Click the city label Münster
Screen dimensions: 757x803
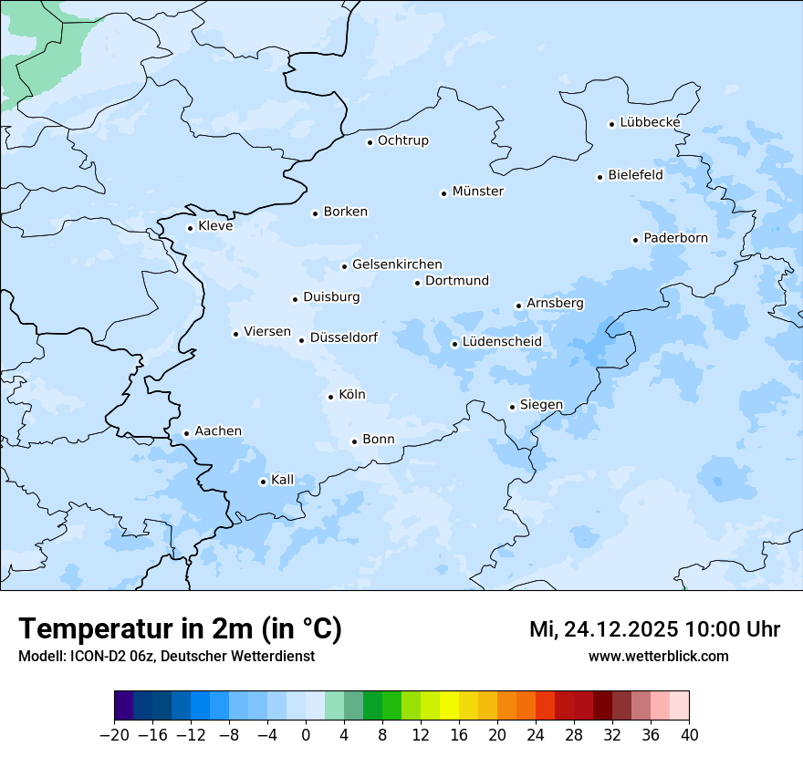point(478,192)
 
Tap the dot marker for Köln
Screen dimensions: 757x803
point(330,397)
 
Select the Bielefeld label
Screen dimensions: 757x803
point(636,175)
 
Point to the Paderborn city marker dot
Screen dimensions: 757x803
point(635,240)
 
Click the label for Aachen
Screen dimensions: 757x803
point(218,431)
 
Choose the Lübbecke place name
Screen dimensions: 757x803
point(650,122)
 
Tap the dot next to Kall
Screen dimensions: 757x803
point(263,482)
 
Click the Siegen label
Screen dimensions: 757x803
point(541,405)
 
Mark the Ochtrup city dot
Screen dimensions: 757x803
point(370,142)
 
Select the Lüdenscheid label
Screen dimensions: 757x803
point(502,342)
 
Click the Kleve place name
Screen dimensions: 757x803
point(215,226)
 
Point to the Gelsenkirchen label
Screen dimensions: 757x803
point(397,264)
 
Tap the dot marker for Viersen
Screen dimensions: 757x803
point(235,334)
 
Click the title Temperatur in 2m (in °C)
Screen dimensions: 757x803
point(181,629)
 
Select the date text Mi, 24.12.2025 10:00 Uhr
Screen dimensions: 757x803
point(654,629)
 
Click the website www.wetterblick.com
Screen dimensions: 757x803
point(658,656)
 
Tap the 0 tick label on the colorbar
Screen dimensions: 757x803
point(306,735)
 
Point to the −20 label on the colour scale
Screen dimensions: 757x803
point(114,735)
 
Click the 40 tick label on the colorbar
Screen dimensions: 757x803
point(689,735)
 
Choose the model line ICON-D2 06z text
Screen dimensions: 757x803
point(166,656)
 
